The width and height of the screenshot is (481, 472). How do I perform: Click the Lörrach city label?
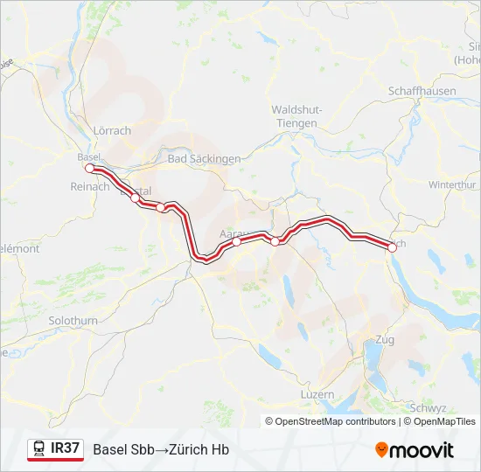pos(111,130)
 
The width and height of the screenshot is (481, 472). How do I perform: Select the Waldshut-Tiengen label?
pos(295,116)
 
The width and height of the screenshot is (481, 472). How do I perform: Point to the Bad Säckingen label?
pos(203,158)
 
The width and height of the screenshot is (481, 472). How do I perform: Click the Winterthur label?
pos(452,185)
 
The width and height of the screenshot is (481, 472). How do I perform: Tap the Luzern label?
pos(317,394)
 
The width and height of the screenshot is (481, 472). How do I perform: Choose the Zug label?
pos(384,339)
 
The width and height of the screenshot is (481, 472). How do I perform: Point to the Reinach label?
pos(89,186)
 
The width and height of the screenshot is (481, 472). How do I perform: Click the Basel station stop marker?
pos(89,167)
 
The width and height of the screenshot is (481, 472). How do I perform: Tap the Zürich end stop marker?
pos(392,247)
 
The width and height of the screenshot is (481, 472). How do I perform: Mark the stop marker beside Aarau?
pos(237,243)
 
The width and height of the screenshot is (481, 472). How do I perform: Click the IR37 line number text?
pos(66,448)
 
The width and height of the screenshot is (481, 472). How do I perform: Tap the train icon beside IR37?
pos(39,449)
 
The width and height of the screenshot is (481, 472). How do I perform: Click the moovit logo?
pos(415,450)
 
